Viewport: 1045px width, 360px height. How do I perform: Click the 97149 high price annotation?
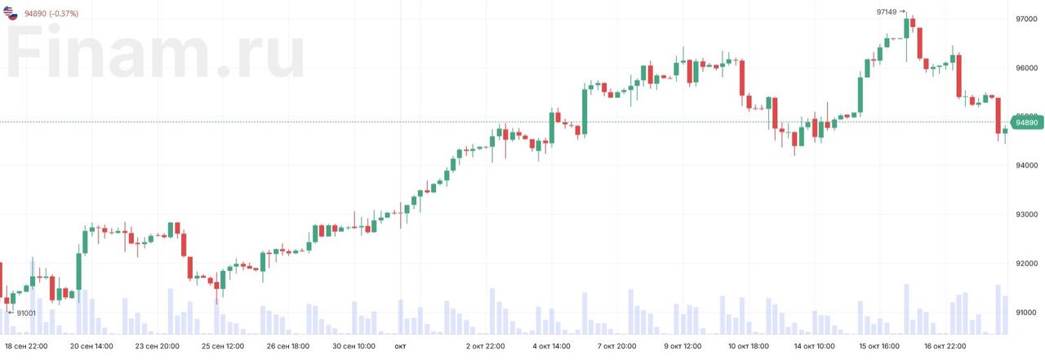(886, 12)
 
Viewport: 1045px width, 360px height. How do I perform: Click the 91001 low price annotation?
(26, 313)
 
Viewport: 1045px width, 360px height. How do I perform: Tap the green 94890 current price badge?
(1026, 122)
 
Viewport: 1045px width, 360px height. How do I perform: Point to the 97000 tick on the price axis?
(1026, 19)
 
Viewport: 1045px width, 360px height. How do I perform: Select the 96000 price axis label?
(1026, 68)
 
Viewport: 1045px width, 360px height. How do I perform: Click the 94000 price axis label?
(1026, 166)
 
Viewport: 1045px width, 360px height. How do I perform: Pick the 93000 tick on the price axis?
(1026, 215)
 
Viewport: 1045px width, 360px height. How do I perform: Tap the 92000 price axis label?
(1026, 264)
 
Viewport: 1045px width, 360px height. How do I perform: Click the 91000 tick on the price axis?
(1026, 313)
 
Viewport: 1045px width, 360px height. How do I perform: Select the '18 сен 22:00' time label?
(26, 346)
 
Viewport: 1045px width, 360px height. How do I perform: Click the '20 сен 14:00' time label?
(91, 346)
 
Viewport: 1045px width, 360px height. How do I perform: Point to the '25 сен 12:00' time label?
(223, 346)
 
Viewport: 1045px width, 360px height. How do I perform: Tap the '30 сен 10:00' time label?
(354, 346)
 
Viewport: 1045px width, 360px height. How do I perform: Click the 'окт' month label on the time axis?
(400, 346)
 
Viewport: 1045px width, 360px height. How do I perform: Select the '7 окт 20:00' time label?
(616, 346)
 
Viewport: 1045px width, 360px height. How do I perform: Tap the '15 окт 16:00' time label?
(880, 346)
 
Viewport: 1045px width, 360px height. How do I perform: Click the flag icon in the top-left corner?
(11, 12)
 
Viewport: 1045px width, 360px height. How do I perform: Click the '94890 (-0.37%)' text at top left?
(51, 13)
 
